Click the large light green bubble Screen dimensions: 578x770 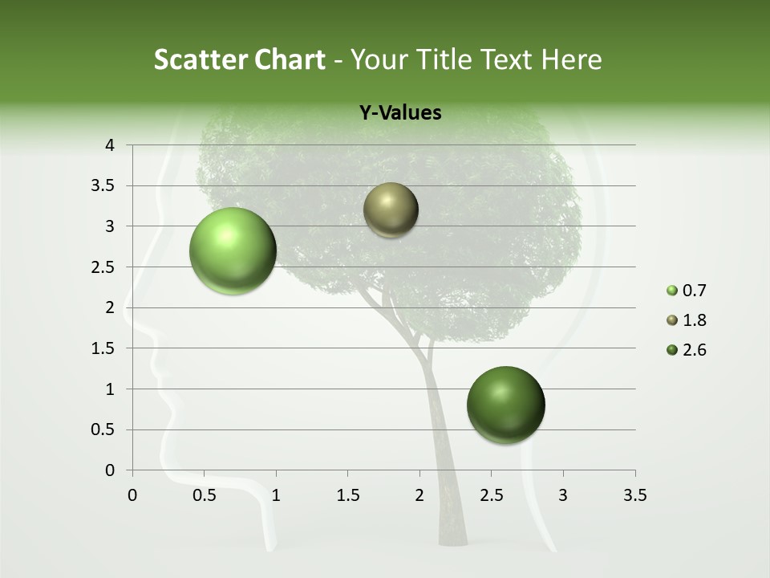click(233, 251)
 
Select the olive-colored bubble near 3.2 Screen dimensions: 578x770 click(391, 210)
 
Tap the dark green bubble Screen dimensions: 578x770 click(505, 405)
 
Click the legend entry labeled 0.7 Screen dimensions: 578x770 click(688, 291)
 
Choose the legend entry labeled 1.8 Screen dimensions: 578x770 click(688, 320)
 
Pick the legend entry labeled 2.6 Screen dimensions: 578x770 click(688, 350)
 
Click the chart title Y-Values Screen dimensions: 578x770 click(399, 113)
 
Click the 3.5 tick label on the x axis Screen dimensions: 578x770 click(634, 495)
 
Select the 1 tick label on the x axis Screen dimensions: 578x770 click(276, 495)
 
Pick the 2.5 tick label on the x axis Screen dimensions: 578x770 click(491, 495)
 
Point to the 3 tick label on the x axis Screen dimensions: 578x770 click(563, 495)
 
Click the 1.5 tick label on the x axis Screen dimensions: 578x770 click(347, 495)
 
